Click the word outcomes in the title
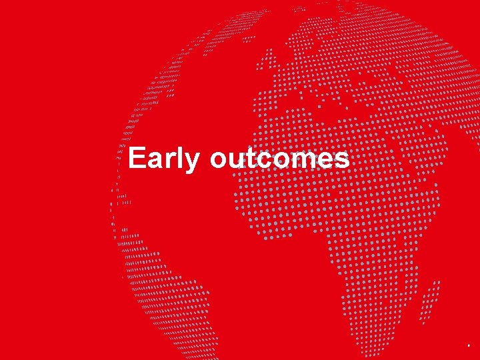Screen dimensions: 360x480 [x=279, y=159]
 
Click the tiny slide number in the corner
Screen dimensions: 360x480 [x=469, y=347]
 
